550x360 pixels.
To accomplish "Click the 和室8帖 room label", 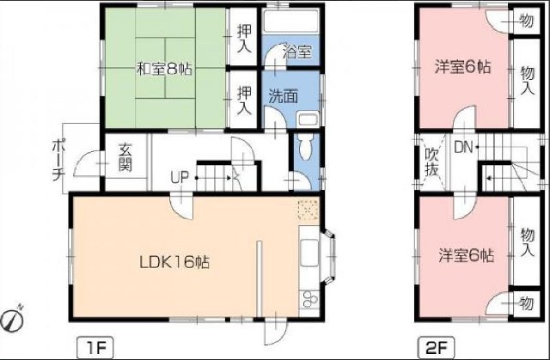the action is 164,69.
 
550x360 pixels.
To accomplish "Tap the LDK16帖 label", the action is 174,262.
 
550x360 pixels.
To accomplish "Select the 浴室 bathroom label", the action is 297,52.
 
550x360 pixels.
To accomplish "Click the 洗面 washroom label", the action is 283,96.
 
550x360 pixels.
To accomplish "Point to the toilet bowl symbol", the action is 306,148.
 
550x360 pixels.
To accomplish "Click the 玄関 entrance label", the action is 125,157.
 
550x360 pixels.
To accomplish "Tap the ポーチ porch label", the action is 58,161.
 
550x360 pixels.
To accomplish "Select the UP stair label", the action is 180,178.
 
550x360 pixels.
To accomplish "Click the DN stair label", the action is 463,147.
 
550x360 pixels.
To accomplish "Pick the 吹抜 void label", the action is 431,162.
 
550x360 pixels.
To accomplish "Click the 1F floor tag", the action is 95,348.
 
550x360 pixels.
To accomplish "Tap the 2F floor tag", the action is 436,348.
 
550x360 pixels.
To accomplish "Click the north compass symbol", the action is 12,319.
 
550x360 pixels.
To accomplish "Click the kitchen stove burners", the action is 309,299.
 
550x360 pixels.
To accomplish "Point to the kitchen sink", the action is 309,253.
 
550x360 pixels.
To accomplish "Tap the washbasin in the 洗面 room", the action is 308,120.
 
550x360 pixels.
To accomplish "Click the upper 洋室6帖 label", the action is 462,67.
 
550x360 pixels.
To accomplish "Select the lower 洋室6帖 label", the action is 467,255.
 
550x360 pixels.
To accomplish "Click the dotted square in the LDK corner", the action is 308,211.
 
